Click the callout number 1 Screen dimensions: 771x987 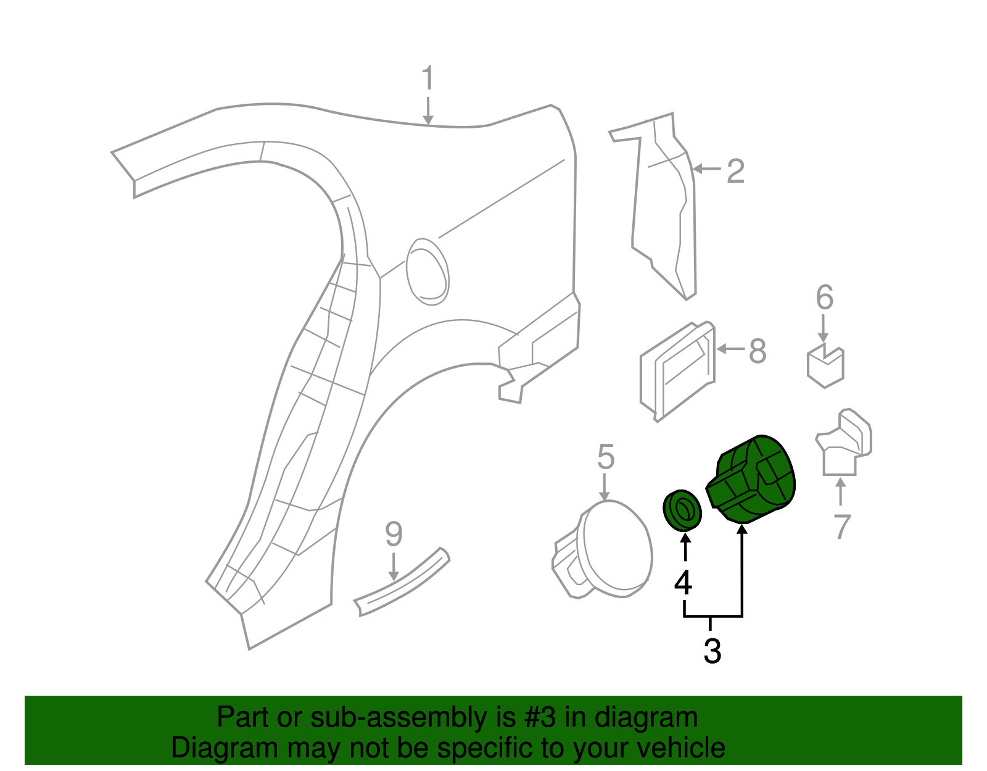point(427,79)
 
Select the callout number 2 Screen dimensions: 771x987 point(735,171)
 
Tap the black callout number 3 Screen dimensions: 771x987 point(712,651)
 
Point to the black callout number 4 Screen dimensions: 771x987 point(683,583)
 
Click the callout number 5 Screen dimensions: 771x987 point(606,457)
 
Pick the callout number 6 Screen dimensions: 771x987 point(825,298)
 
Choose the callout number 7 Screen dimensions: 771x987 point(841,527)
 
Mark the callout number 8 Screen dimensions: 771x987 point(758,352)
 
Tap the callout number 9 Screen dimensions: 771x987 point(394,534)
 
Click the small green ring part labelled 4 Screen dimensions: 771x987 point(682,511)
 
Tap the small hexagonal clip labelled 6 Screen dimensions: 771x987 point(825,367)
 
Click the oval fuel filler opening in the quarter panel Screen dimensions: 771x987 point(427,272)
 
